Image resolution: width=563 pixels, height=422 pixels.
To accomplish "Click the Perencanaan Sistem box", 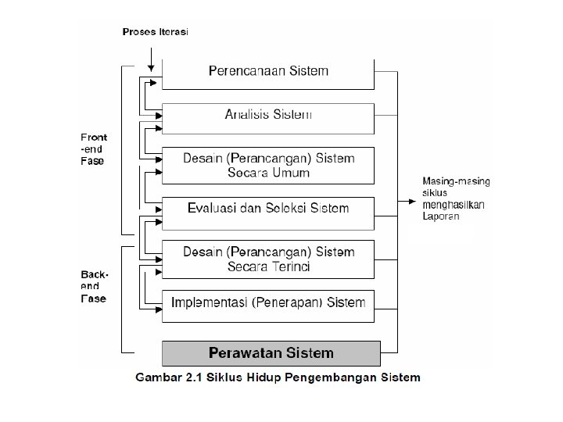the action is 268,74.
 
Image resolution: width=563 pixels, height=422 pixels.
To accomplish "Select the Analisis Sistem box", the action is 268,119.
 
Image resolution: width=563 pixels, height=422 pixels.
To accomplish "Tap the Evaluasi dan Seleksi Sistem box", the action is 268,213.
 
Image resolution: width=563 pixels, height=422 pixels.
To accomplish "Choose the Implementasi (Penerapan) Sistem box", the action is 268,306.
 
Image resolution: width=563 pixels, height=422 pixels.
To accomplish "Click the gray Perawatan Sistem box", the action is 271,353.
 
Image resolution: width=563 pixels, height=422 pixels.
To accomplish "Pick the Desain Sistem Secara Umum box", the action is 268,166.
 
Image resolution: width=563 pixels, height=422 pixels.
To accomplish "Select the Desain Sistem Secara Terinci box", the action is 268,259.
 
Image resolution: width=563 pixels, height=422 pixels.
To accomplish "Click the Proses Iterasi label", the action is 155,32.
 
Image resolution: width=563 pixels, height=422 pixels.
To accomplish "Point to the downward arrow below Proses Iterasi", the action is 151,59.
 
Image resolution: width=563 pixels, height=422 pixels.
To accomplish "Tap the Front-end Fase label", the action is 94,149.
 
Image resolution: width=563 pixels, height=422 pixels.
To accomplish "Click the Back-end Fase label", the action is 94,286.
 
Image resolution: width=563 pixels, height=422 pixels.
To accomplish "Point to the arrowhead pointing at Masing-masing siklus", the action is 412,202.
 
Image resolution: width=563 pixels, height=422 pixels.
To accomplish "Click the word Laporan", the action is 440,216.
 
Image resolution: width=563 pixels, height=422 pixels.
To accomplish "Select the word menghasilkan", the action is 454,205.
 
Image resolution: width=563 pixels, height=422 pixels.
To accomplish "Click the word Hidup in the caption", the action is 264,378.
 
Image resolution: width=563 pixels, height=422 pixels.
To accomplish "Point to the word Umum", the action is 291,173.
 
